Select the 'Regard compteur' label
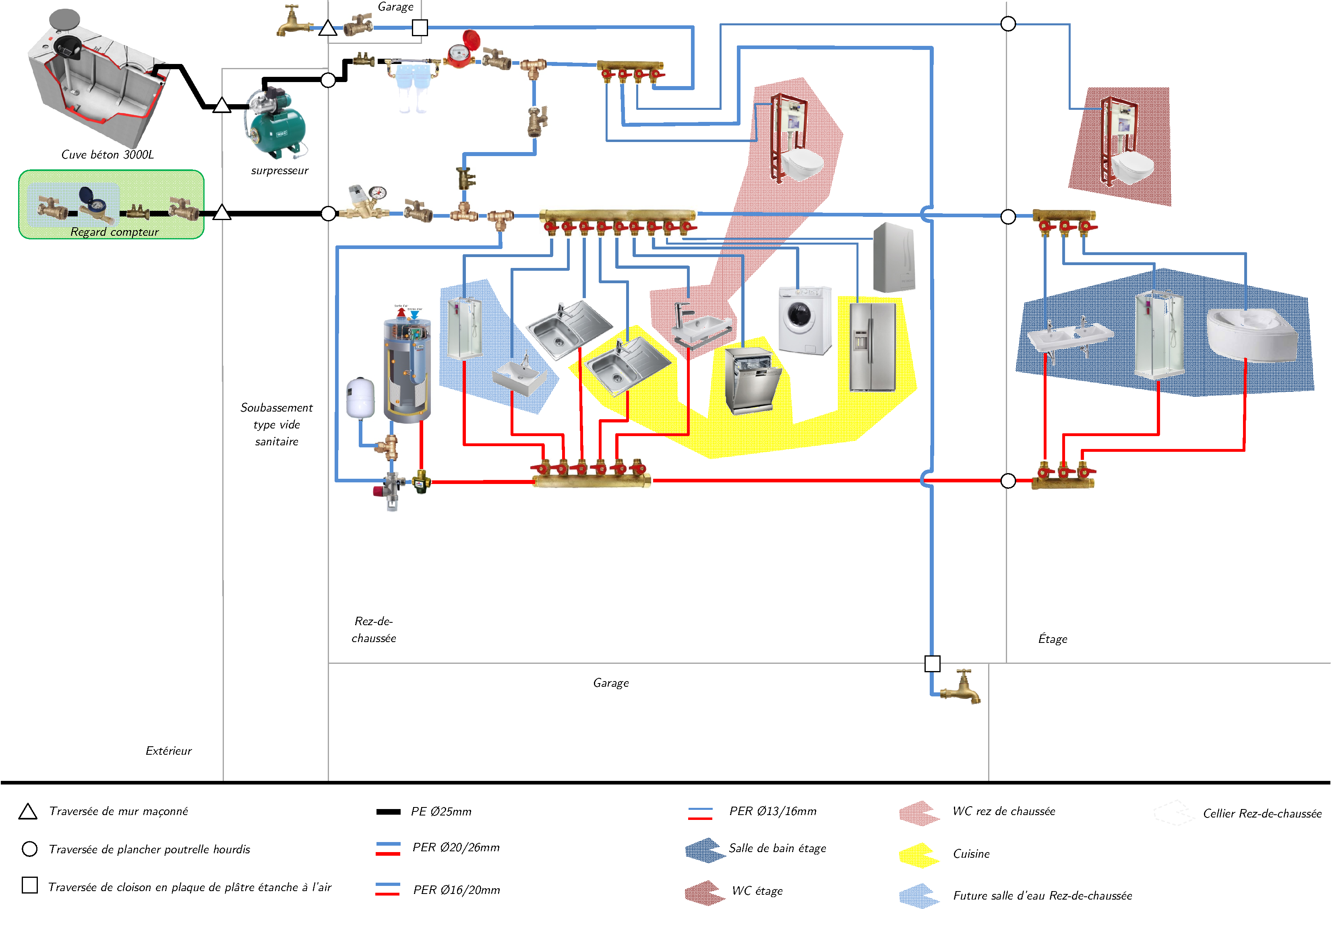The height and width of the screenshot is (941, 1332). tap(114, 232)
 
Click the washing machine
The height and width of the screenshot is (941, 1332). tap(804, 319)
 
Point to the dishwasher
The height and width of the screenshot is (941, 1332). tap(750, 381)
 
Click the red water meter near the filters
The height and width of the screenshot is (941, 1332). tap(461, 51)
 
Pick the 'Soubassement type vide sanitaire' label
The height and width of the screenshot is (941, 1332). tap(277, 424)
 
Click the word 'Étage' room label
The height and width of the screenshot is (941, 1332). tap(1053, 639)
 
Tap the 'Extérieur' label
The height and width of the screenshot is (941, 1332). tap(168, 751)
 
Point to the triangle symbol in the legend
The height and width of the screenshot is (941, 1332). tap(28, 812)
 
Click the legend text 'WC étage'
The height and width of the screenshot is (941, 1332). tap(757, 891)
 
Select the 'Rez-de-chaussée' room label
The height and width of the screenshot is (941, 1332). tap(374, 630)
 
